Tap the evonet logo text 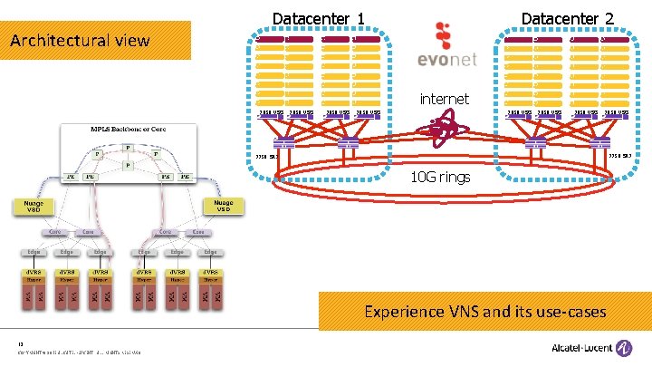point(444,61)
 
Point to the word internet point(444,98)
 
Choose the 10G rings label point(440,177)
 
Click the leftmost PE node point(70,176)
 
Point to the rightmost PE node point(184,176)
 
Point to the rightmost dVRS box point(210,271)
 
